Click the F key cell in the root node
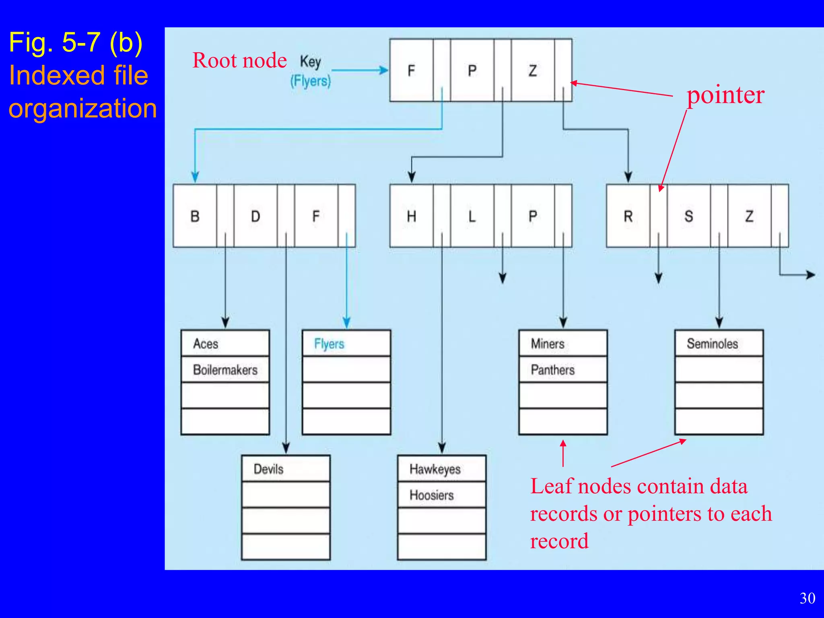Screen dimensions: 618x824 (x=411, y=70)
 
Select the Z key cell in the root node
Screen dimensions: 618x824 (x=532, y=70)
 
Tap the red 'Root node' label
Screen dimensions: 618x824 (x=239, y=61)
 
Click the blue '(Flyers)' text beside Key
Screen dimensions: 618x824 (x=310, y=81)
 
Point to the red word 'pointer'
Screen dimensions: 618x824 (x=725, y=95)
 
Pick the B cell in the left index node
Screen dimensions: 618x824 (x=195, y=216)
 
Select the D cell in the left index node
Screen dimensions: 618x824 (x=255, y=216)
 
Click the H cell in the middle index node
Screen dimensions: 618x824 (x=411, y=216)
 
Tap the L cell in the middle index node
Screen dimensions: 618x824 (x=472, y=216)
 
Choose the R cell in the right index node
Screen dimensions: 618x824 (x=628, y=216)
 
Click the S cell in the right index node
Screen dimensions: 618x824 (x=688, y=216)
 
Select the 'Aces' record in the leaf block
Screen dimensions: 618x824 (x=225, y=344)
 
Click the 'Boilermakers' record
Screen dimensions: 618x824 (x=225, y=369)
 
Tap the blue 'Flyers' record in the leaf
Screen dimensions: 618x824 (x=346, y=344)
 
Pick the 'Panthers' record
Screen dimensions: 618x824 (x=562, y=369)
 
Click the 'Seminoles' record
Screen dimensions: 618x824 (x=719, y=344)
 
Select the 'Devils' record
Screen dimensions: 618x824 (x=286, y=469)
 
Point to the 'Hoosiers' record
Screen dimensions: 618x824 (x=441, y=495)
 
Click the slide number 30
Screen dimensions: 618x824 (x=807, y=598)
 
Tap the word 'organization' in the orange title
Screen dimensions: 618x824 (x=82, y=108)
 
